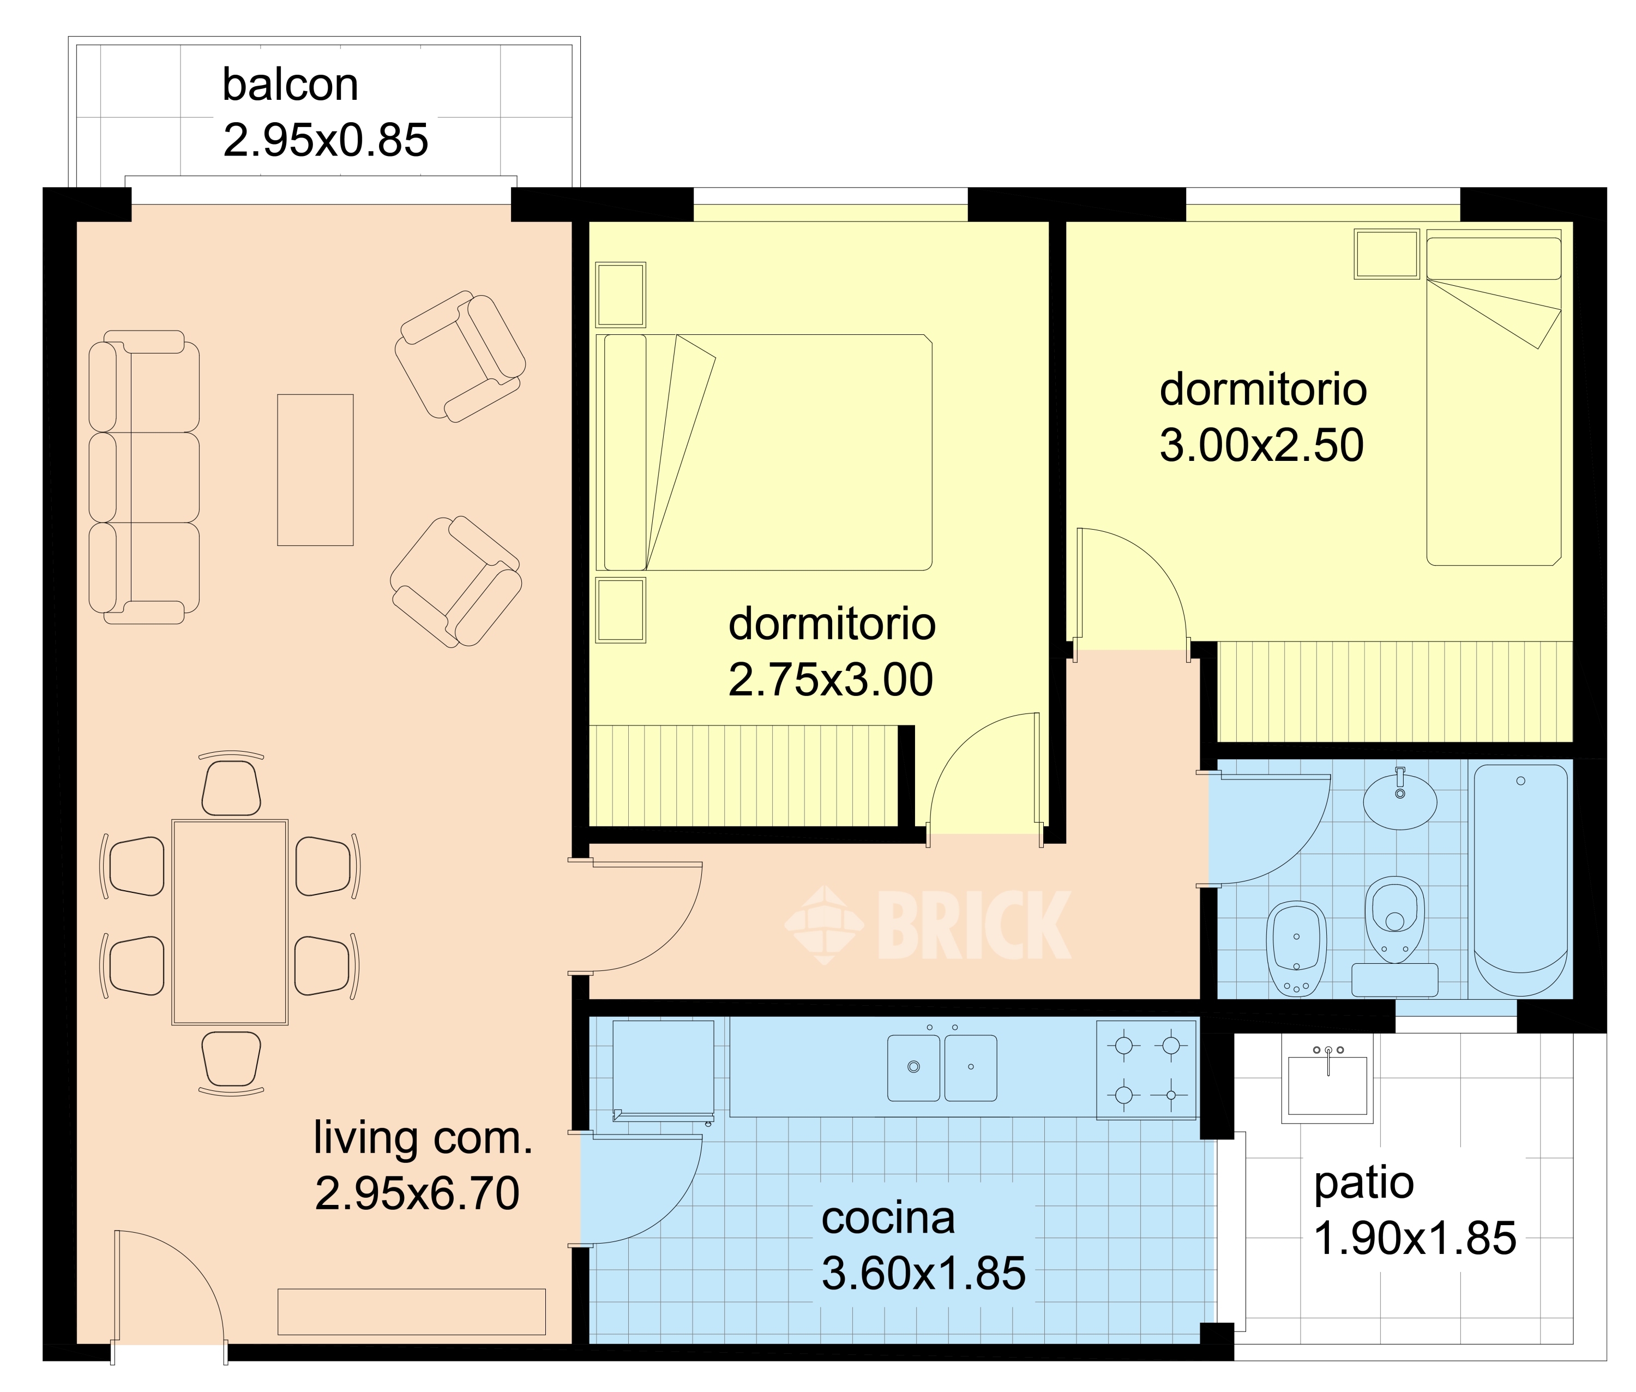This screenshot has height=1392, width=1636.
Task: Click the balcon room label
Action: (290, 85)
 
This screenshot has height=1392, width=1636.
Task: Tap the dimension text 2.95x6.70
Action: (417, 1192)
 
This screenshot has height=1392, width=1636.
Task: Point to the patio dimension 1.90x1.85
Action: (1415, 1237)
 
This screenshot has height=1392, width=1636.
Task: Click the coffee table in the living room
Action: (315, 470)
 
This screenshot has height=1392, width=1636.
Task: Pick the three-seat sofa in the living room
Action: (143, 477)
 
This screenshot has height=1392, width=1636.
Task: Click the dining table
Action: (230, 922)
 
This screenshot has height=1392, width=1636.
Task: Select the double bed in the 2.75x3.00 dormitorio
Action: (763, 452)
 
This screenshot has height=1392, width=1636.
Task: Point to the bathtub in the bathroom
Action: (1520, 880)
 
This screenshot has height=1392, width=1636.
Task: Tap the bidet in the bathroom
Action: (1296, 949)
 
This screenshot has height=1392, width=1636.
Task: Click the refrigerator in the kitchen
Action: (663, 1070)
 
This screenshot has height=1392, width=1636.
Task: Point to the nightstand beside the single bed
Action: (1387, 254)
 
